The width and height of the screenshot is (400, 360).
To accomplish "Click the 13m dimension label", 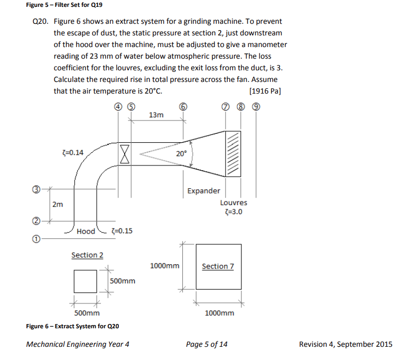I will coord(156,115).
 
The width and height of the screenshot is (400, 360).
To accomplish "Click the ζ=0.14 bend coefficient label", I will coord(72,152).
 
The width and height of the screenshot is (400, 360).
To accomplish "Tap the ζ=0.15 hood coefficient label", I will coord(122,231).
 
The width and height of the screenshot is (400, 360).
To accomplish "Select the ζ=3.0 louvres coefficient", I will coord(233,213).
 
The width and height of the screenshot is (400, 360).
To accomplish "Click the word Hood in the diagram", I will coord(86,231).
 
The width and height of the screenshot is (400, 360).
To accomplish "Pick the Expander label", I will coord(204,190).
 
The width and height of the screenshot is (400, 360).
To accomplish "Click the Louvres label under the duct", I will coord(233,202).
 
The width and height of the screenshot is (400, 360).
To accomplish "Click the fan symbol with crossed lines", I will coord(125,154).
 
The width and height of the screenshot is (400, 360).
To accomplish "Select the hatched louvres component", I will coord(233,154).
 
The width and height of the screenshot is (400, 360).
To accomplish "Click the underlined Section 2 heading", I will coord(87,255).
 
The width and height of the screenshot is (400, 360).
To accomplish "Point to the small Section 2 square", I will coord(85,281).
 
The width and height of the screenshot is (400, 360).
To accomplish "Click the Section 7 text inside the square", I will coord(218,266).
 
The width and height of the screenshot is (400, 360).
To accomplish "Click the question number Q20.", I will coord(40,22).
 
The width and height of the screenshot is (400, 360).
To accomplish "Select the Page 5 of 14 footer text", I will coord(207,344).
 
